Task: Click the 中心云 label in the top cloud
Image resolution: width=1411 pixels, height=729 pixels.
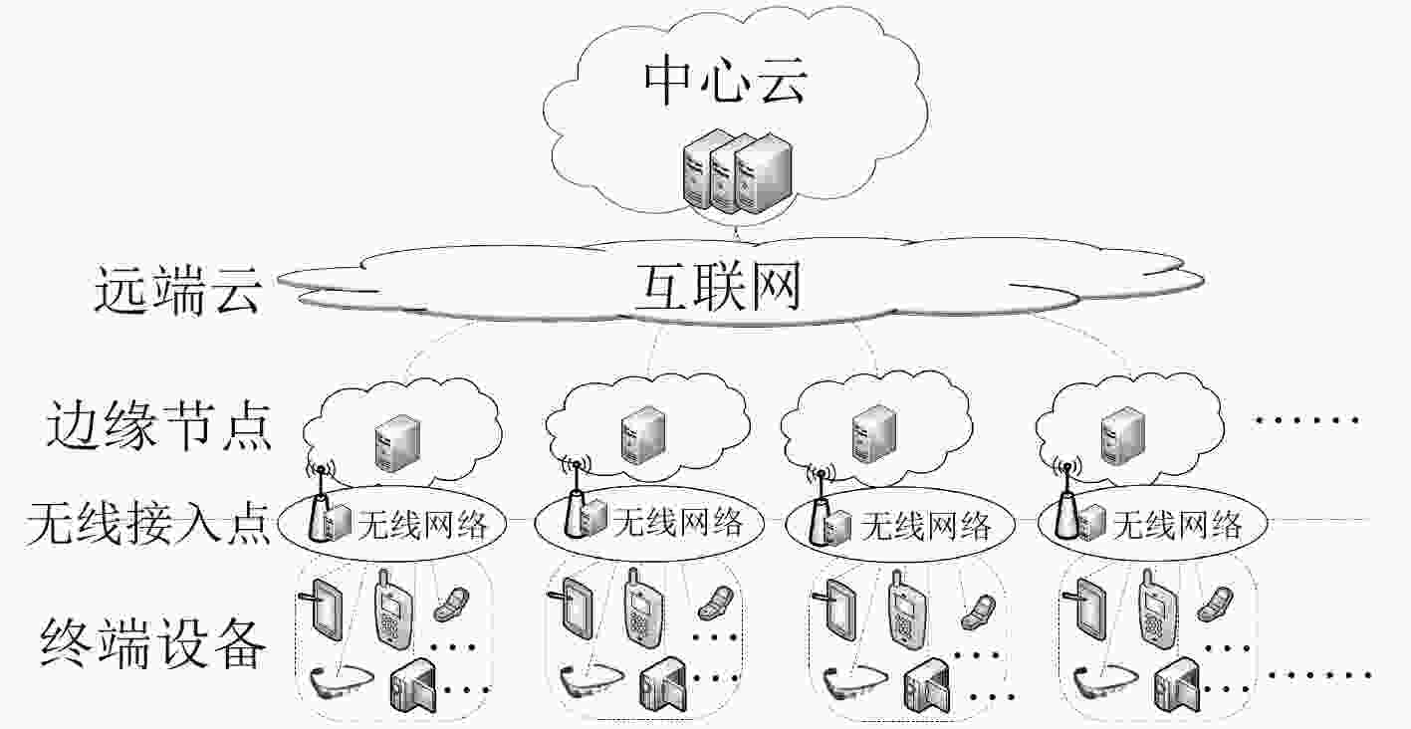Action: [x=724, y=80]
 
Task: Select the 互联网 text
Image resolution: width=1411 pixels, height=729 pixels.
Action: [x=718, y=287]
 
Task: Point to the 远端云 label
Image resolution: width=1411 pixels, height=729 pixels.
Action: [x=178, y=289]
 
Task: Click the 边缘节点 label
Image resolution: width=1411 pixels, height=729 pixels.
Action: [x=158, y=425]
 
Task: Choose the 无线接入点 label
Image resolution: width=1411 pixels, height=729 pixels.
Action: [x=148, y=523]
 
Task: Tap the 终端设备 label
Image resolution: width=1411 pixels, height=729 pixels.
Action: [x=153, y=642]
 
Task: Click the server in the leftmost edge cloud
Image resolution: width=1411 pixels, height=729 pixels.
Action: [x=397, y=443]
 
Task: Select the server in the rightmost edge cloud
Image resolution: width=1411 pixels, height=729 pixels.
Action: [x=1123, y=436]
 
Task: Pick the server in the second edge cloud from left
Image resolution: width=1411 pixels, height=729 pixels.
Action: [x=643, y=435]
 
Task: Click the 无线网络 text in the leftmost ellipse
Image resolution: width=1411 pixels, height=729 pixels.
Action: [x=422, y=525]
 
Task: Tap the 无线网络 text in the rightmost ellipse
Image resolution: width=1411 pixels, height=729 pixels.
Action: [x=1177, y=524]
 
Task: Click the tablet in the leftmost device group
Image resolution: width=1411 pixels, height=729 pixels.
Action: [x=324, y=609]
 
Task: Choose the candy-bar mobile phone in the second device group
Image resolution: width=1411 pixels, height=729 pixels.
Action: [x=643, y=608]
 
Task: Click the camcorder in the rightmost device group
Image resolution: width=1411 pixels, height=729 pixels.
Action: [x=1177, y=684]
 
